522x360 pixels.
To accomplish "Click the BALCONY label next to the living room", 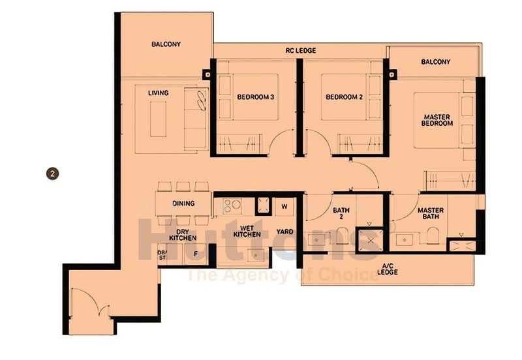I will point(166,44).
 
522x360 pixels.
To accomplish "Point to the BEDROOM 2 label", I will point(344,98).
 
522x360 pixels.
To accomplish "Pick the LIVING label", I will point(158,93).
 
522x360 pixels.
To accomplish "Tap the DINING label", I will point(183,203).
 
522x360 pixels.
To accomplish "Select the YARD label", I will point(284,231).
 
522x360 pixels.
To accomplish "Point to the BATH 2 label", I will point(342,215).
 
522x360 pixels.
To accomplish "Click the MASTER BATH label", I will point(431,215).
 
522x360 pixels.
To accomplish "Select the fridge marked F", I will point(196,254).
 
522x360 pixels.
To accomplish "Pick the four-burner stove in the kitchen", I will point(232,207).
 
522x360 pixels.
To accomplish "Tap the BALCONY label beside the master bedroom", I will point(435,62).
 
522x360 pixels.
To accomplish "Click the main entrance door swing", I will point(91,303).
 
